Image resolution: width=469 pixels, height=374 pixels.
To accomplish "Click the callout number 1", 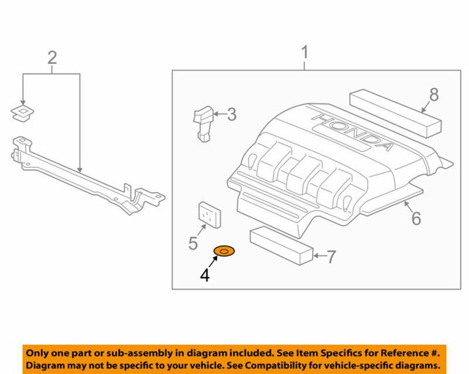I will click(304, 53).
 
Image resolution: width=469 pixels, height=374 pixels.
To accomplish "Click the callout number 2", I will click(51, 57).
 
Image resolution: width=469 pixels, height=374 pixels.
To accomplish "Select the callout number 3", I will click(232, 114).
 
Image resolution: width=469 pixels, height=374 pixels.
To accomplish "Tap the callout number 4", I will click(205, 276).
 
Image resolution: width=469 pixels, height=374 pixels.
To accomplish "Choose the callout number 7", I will click(330, 257).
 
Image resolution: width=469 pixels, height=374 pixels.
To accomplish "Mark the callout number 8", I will click(434, 94).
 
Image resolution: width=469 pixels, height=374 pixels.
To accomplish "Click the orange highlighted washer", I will click(224, 253).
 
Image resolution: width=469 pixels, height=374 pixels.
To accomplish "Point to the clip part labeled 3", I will click(203, 120).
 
